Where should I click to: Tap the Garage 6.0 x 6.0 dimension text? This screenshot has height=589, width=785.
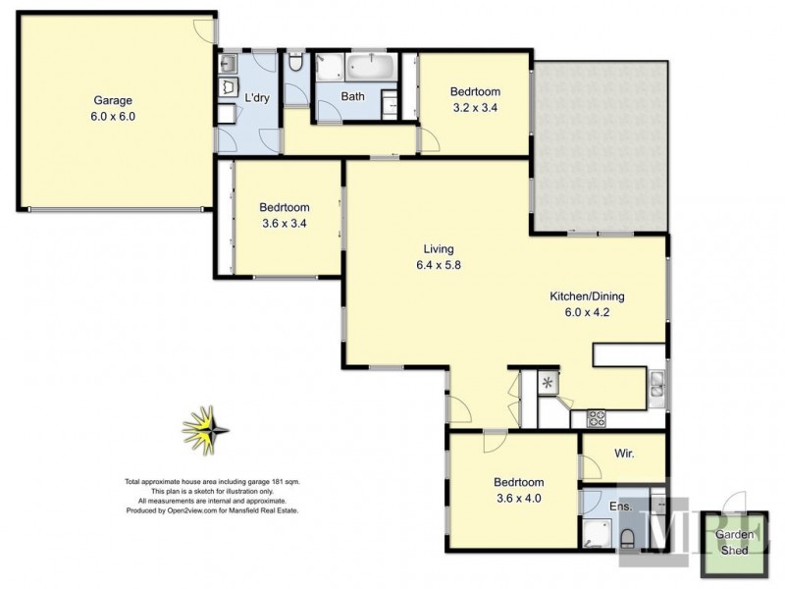(x=113, y=115)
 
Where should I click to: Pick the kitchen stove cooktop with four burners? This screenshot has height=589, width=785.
(x=597, y=418)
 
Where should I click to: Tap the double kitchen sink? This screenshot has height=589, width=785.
(x=656, y=387)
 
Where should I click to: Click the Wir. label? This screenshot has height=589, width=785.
(x=622, y=455)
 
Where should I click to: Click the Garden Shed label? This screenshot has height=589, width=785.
(x=731, y=543)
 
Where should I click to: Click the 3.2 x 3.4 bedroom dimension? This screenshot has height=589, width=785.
(x=474, y=108)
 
